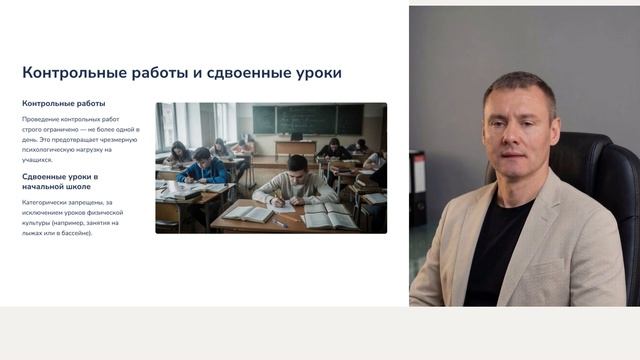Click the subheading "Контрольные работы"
[63, 104]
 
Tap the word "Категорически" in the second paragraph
[49, 202]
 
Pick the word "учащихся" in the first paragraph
[39, 160]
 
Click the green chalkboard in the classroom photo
[307, 119]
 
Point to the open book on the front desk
[329, 216]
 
